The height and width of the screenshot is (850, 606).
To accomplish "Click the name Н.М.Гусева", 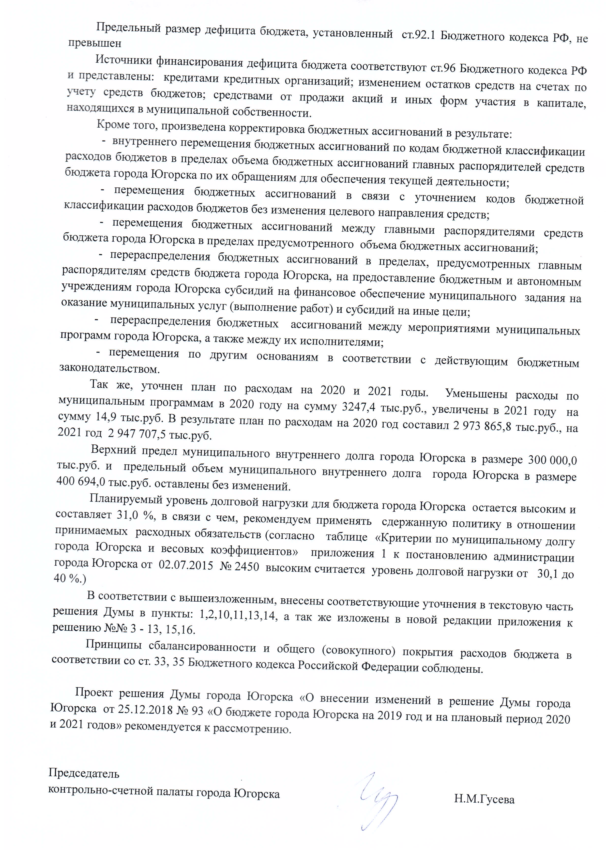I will (484, 799).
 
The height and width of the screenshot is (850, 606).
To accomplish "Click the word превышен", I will (94, 43).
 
